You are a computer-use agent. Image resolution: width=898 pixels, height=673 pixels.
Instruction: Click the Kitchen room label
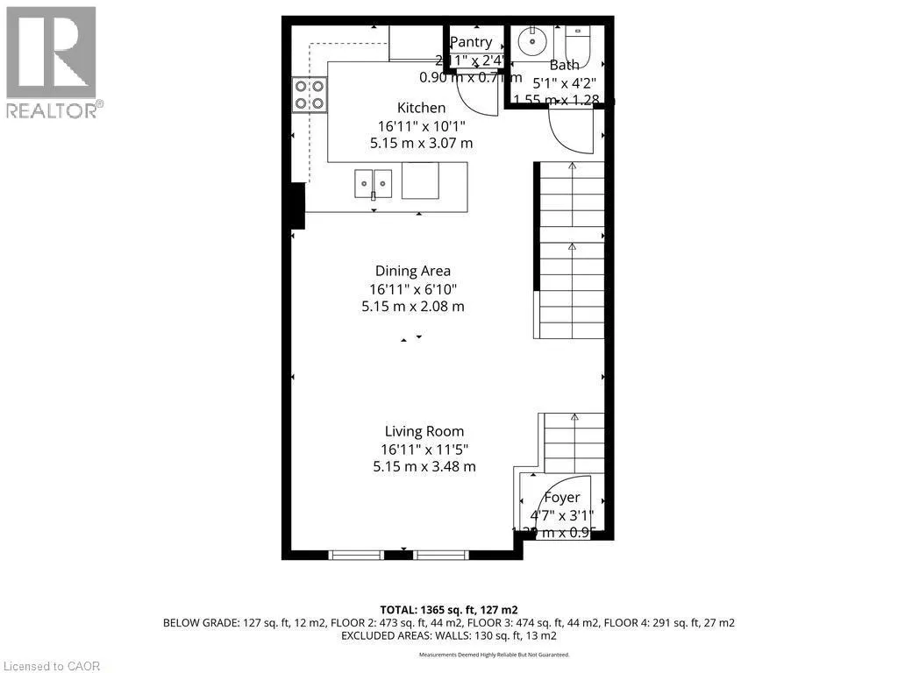coord(422,108)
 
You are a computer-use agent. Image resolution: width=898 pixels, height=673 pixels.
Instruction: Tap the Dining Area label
coord(412,271)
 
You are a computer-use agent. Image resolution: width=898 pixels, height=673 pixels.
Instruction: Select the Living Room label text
coord(424,431)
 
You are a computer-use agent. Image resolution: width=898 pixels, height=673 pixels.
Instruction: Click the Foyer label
coord(561,498)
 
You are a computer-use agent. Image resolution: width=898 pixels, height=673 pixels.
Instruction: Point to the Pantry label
coord(471,42)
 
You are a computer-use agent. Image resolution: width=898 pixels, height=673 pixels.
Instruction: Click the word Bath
coord(564,65)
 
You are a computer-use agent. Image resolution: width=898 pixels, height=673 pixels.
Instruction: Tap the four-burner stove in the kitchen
coord(309,95)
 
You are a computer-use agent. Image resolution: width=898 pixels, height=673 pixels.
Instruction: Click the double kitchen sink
coord(374,184)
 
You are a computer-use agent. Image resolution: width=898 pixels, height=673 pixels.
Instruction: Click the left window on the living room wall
coord(356,554)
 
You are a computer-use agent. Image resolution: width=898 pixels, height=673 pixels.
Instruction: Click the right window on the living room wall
coord(441,554)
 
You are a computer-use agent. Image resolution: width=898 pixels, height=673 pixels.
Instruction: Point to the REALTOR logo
coord(52,62)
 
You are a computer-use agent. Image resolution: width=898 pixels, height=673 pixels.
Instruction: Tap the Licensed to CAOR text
coord(51,666)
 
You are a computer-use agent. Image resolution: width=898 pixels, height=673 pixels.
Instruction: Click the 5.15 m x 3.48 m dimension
coord(424,466)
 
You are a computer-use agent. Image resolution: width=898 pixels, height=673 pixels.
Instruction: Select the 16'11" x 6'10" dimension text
coord(412,289)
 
